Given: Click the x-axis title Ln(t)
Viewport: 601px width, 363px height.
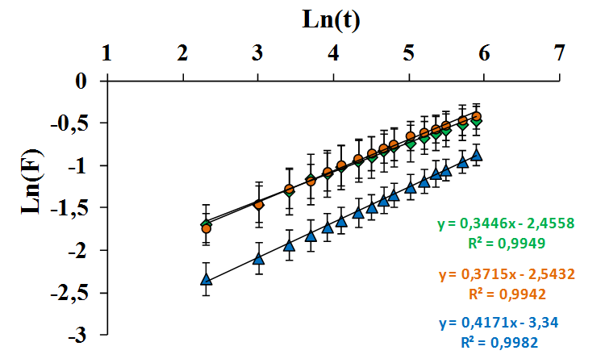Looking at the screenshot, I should click(x=332, y=19).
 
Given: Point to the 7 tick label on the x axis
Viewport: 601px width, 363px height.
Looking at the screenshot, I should click(x=559, y=54).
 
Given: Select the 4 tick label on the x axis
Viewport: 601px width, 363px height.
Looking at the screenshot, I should click(x=332, y=54).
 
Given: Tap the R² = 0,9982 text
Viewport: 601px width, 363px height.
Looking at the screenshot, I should click(x=500, y=341).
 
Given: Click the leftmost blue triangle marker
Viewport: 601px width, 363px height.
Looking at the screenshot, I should click(x=206, y=279).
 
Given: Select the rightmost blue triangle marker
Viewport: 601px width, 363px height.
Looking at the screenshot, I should click(x=477, y=155).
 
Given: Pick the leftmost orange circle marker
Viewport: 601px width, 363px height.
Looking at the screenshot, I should click(x=206, y=229).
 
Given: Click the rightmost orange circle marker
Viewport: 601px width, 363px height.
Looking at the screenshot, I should click(x=477, y=117).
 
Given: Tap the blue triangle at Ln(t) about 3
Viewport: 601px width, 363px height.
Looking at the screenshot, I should click(x=258, y=259).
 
